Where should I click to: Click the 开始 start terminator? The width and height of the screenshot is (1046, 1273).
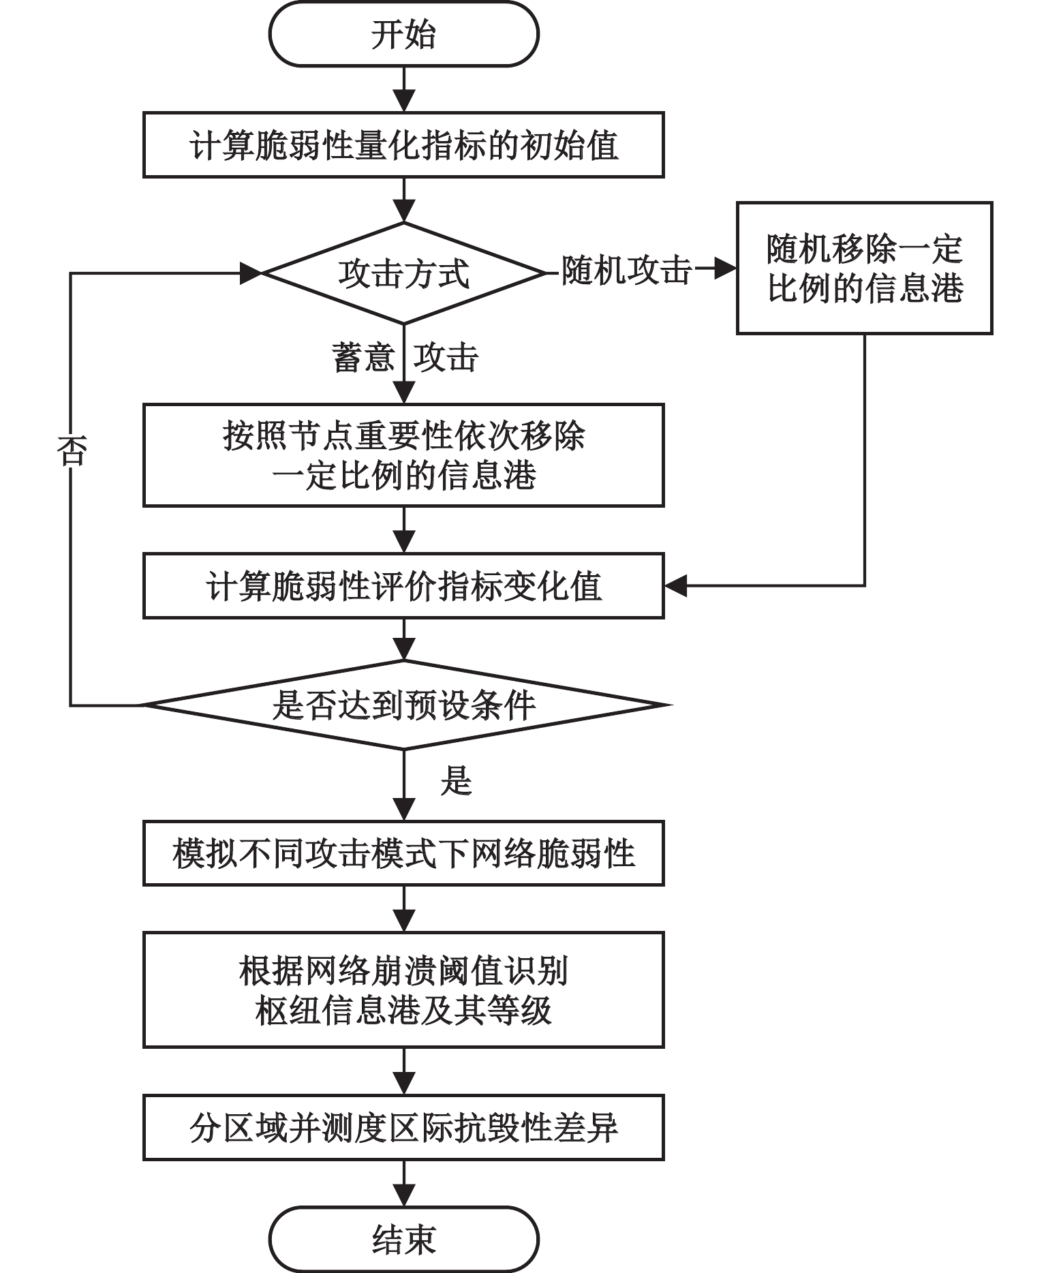tap(403, 35)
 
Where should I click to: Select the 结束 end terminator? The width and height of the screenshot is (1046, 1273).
tap(403, 1239)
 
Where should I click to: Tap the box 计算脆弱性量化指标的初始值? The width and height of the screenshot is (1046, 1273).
tap(403, 145)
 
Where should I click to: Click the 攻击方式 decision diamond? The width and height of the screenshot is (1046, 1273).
tap(403, 273)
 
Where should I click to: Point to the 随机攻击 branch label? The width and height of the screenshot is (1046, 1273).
tap(626, 271)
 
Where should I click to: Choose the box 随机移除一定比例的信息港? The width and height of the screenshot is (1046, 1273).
tap(864, 268)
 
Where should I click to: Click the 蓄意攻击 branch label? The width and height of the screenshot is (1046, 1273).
tap(405, 357)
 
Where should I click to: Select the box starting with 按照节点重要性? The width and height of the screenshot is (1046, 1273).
tap(403, 455)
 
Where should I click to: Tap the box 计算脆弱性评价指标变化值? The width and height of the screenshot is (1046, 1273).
tap(403, 586)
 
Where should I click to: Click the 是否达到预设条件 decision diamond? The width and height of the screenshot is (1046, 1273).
tap(403, 705)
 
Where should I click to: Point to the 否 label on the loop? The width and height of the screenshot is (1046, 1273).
tap(72, 450)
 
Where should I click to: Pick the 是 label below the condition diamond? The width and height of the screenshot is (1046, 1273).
tap(456, 780)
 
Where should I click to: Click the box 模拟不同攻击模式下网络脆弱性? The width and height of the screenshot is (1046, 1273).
tap(403, 853)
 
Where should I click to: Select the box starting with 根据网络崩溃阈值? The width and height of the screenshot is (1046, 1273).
tap(403, 990)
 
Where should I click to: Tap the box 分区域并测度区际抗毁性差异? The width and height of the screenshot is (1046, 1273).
tap(403, 1128)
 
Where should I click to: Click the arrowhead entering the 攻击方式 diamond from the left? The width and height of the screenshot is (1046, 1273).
tap(251, 273)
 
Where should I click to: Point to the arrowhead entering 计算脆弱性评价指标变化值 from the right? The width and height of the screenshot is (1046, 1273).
tap(676, 585)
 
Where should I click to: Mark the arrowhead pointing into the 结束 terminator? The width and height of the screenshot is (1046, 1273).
tap(404, 1195)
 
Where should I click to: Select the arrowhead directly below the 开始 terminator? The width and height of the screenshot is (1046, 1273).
tap(404, 100)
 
